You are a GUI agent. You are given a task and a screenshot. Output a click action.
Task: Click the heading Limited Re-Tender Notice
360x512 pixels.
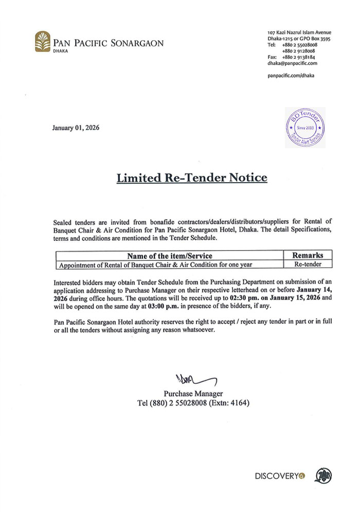point(192,178)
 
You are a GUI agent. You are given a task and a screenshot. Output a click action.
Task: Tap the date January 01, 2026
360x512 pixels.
point(76,128)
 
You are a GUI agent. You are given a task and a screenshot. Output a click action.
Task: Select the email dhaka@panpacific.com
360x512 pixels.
point(292,63)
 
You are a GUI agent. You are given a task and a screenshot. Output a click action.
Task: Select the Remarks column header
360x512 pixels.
point(308,255)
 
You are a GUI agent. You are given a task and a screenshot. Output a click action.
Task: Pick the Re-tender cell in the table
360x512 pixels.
point(307,264)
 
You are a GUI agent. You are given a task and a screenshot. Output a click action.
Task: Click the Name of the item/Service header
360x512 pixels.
point(169,255)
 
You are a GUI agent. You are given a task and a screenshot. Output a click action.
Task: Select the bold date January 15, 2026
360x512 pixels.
point(294,298)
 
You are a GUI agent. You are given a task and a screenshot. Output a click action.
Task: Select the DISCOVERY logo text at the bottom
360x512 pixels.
point(276,476)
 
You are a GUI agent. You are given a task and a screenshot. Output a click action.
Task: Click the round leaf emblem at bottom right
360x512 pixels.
point(323,475)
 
